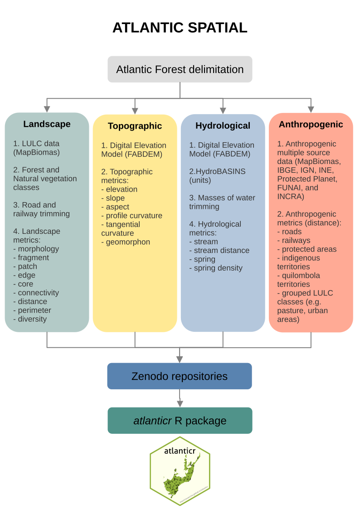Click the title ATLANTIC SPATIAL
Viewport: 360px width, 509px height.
[x=180, y=28]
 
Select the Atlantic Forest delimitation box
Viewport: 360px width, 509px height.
[x=180, y=69]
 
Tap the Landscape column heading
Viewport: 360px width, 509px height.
[x=47, y=124]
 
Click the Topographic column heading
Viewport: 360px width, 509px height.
[x=135, y=126]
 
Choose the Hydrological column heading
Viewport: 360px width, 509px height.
[x=223, y=126]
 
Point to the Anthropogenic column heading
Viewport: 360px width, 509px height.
[x=311, y=124]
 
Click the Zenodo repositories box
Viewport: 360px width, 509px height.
[x=180, y=376]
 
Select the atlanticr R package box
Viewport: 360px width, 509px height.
[x=180, y=421]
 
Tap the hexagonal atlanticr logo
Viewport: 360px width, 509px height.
[x=180, y=471]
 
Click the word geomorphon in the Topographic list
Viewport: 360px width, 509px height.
[x=128, y=242]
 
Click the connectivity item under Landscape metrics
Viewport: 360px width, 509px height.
[x=39, y=293]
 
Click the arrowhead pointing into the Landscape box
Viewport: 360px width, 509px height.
[x=47, y=109]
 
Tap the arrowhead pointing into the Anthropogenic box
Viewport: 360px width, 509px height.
[x=311, y=109]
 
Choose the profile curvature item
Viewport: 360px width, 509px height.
[x=134, y=216]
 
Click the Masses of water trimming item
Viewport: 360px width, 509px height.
[x=222, y=202]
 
